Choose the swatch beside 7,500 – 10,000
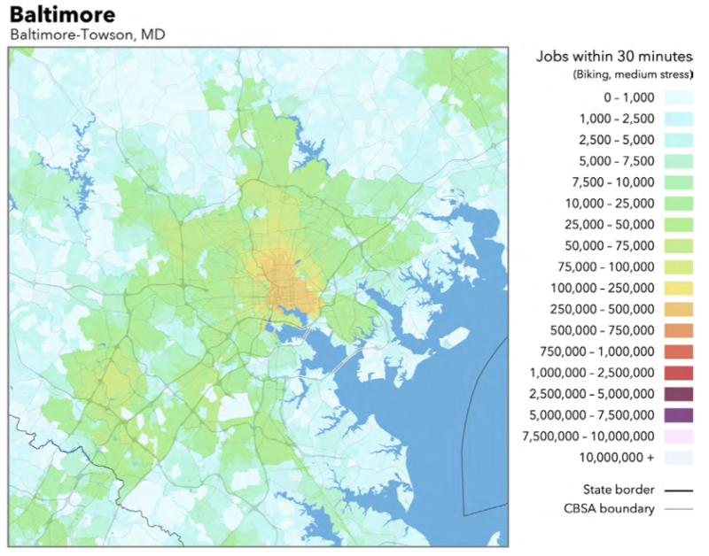678,181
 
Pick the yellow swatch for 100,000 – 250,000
678,288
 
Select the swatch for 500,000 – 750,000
678,330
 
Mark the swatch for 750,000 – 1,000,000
678,351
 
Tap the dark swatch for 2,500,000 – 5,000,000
678,393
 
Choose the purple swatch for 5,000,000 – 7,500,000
678,414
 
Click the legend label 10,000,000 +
618,457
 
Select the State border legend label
619,489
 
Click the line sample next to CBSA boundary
678,509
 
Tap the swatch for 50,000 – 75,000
678,245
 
